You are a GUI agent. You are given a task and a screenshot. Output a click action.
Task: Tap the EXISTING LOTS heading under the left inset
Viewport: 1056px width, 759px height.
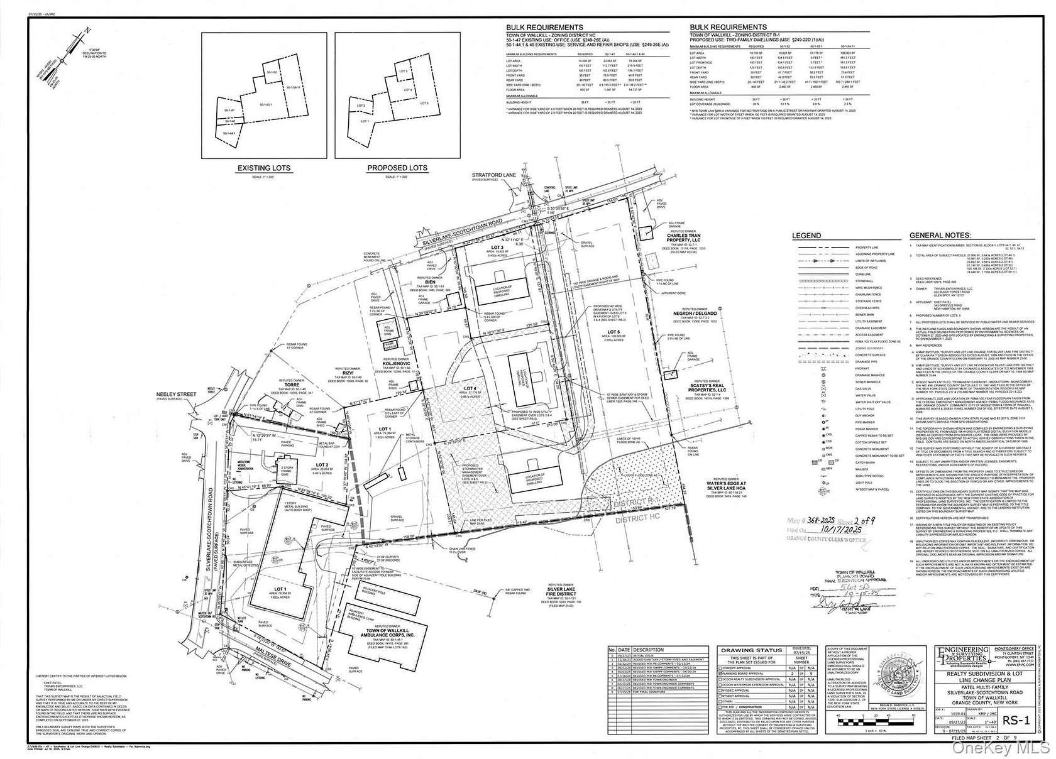[264, 168]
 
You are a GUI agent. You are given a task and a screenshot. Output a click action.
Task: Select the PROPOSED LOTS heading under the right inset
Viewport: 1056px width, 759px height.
[397, 168]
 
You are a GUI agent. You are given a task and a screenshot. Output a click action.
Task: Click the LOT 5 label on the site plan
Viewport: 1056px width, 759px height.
[613, 331]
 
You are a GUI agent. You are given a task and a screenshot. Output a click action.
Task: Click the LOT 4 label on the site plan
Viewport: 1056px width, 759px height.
[469, 389]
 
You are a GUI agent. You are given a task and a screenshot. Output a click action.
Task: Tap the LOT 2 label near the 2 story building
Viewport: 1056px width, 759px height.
[323, 467]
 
